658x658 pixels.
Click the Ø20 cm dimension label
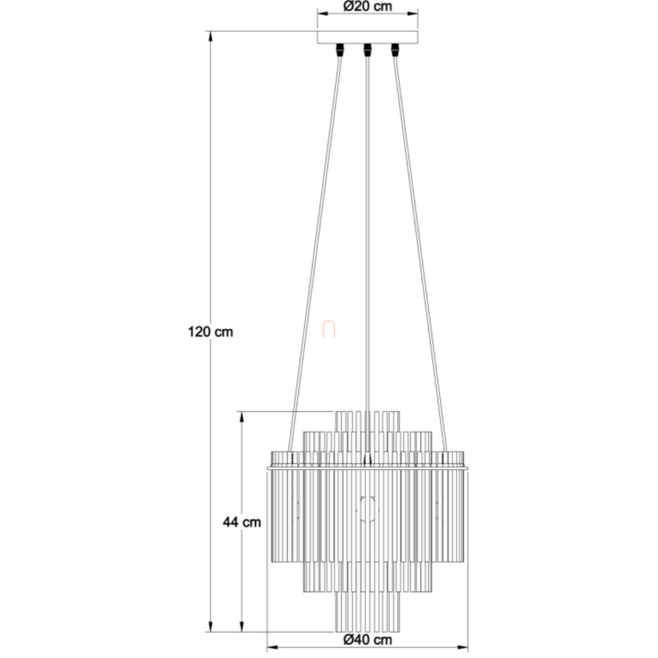367,7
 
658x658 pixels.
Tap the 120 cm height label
210,332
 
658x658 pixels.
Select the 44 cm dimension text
242,522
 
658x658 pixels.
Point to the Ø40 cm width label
367,639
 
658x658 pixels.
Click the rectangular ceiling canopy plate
367,37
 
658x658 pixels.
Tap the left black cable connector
340,50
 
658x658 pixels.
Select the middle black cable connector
367,50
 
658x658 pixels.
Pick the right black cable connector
394,50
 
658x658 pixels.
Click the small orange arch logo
328,330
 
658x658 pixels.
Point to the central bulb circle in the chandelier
367,509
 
